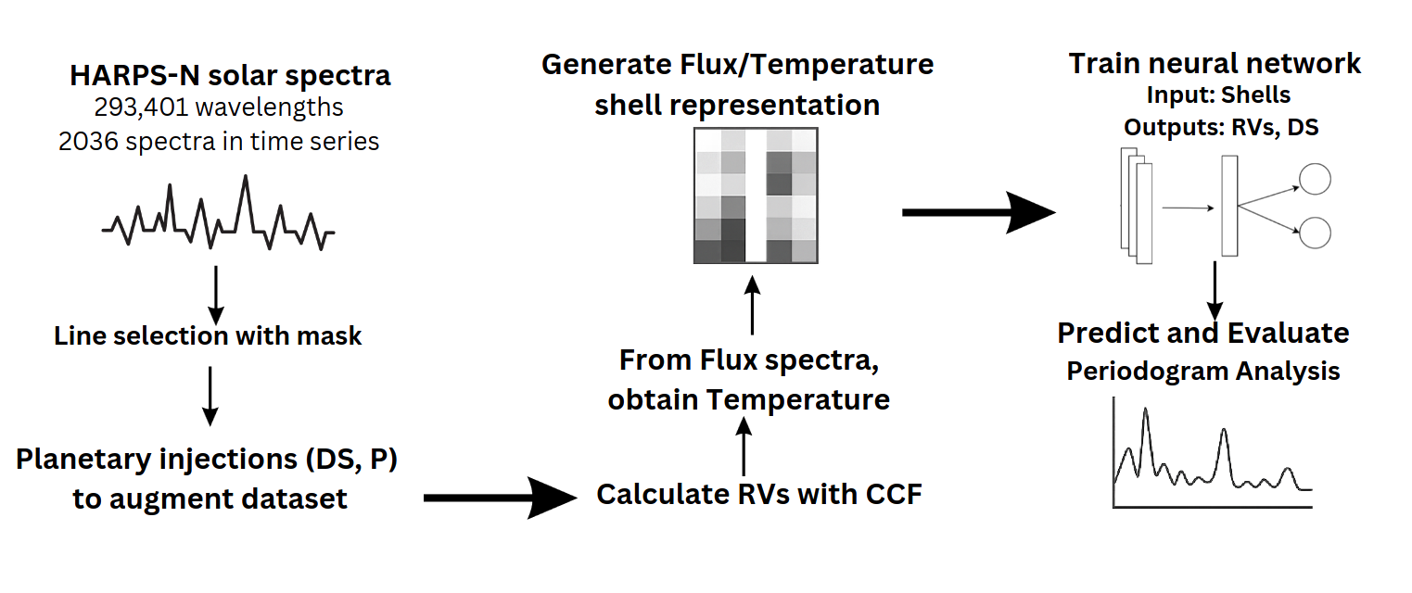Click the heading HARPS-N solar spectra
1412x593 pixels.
tap(230, 76)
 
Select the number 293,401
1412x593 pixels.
tap(141, 107)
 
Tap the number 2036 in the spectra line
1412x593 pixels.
tap(89, 141)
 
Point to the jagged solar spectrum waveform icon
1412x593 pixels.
tap(218, 213)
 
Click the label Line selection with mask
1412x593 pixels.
tap(208, 336)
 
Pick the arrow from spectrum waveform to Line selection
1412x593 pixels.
tap(216, 295)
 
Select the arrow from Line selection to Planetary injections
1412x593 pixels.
tap(210, 397)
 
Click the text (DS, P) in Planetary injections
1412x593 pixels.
tap(351, 460)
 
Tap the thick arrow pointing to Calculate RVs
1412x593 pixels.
tap(500, 498)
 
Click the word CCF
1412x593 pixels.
tap(894, 495)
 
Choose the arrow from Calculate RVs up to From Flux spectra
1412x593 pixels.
tap(744, 447)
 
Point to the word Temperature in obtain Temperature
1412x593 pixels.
tap(798, 399)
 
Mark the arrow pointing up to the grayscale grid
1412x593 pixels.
tap(752, 305)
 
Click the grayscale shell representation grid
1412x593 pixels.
tap(756, 196)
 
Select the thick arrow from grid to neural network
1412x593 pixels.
tap(979, 212)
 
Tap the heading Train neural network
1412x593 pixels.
tap(1215, 64)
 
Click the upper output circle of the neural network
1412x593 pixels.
tap(1315, 179)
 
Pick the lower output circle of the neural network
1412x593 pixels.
tap(1315, 233)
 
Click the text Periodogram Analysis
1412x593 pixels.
tap(1202, 372)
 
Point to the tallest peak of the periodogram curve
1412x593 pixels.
tap(1145, 410)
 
